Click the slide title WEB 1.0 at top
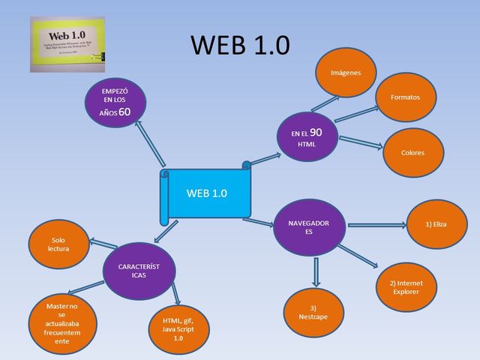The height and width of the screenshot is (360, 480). coord(240,45)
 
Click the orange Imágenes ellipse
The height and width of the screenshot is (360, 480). coord(346,73)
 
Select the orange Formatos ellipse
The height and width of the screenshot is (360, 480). coord(405,97)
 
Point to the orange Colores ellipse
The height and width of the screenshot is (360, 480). coord(412,152)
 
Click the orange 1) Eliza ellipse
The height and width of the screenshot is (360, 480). coord(436,223)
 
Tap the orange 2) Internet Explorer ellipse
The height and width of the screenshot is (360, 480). coord(406,287)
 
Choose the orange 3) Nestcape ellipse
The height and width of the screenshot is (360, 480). coord(313,313)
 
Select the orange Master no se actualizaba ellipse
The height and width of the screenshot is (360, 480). coord(61,323)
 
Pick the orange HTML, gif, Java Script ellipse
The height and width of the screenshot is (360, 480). coord(178,329)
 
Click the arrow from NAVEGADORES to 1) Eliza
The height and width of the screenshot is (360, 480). coord(376,224)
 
